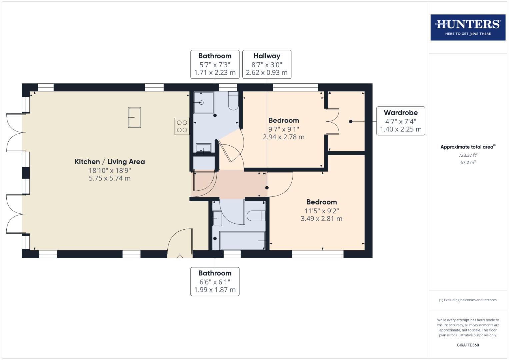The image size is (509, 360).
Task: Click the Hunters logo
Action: tap(468, 27)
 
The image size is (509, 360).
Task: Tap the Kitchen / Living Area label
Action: tap(110, 162)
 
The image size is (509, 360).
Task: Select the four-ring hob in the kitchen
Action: tap(182, 126)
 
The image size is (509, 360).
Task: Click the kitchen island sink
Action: tap(134, 117)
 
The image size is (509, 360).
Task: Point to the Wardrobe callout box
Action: tap(400, 121)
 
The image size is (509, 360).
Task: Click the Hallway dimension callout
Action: tap(267, 64)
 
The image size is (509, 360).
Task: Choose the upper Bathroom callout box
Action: tap(215, 64)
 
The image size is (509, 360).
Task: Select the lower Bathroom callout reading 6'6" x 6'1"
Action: tap(215, 281)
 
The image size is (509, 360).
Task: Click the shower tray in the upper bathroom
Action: tap(204, 103)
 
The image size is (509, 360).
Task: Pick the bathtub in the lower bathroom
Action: tap(242, 240)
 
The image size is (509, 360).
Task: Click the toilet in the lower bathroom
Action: tap(256, 216)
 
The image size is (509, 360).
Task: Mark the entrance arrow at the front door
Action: tap(180, 257)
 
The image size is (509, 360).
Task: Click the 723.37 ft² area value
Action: tap(468, 155)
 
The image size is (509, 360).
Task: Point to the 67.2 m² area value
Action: tap(468, 163)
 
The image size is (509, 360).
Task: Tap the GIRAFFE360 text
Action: tap(468, 345)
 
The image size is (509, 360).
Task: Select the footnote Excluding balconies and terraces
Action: tap(468, 300)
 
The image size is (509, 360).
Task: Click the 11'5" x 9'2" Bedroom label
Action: tap(321, 210)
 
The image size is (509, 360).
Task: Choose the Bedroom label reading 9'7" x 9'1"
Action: tap(284, 129)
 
